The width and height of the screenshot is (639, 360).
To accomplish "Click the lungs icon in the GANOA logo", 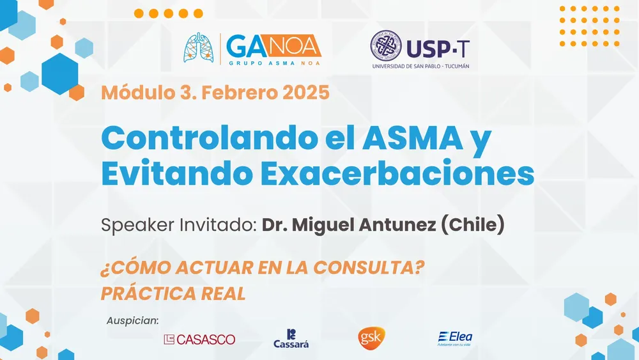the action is point(199,48).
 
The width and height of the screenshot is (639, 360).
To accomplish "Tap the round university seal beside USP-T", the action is point(385,45).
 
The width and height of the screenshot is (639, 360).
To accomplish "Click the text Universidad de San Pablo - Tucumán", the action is point(420,66).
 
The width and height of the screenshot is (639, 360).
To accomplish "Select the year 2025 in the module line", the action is point(306,93).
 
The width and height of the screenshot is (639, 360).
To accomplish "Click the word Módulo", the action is point(138,93).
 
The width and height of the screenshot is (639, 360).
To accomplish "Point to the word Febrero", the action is point(240,93).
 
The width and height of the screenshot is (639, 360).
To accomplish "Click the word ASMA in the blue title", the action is point(413,138).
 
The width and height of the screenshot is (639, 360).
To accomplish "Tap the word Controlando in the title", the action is point(210,138).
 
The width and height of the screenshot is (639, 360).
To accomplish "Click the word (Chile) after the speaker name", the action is point(473,224).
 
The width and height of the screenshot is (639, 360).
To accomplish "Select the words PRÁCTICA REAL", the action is point(173,293).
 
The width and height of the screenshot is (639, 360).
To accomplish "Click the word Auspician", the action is point(132,321).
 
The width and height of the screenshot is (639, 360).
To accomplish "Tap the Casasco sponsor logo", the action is point(199,340).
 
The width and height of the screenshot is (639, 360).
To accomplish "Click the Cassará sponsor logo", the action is point(291,339).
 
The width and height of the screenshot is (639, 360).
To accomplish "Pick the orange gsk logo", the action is point(371,338).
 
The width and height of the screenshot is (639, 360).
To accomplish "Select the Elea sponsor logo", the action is point(455,339).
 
